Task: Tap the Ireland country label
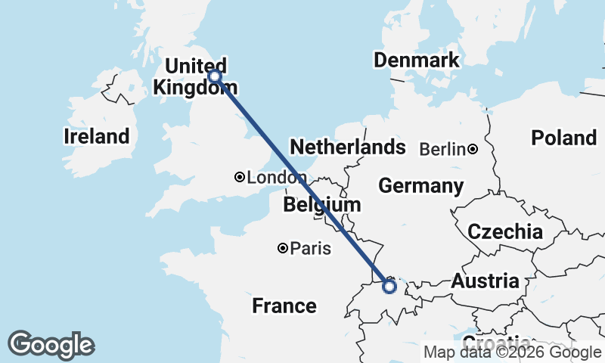coord(96,137)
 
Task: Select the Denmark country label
coord(416,60)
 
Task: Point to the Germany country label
coord(421,185)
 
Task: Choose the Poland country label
coord(563,138)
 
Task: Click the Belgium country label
coord(322,205)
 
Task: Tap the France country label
coord(284,306)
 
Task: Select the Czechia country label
coord(505,231)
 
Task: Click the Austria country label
coord(486,282)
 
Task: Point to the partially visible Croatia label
coord(496,342)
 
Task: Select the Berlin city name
coord(442,149)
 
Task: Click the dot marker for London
coord(240,177)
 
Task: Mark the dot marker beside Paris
coord(283,248)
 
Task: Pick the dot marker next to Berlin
coord(472,149)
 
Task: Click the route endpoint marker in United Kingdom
coord(215,76)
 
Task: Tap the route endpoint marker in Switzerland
coord(389,287)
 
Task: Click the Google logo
coord(51,345)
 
